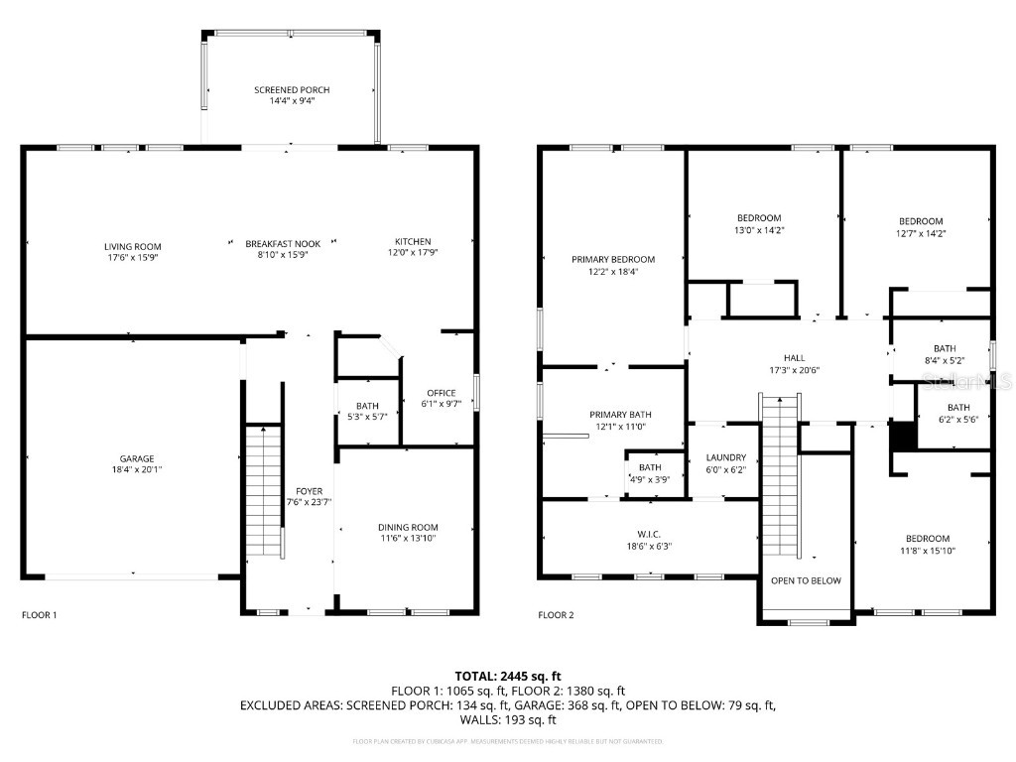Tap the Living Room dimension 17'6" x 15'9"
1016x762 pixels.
click(132, 257)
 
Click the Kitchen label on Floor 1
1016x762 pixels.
click(413, 242)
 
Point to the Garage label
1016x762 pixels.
click(137, 458)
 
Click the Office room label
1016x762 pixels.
click(441, 393)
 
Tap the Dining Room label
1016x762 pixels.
click(408, 527)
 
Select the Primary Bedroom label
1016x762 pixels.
click(612, 259)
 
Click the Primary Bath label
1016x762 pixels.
click(620, 415)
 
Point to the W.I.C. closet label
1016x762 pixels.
click(649, 532)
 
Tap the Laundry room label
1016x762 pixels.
click(725, 457)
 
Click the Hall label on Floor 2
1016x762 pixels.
click(794, 358)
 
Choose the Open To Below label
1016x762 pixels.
click(806, 580)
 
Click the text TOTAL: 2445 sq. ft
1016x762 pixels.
click(508, 676)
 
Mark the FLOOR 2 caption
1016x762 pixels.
click(556, 615)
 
